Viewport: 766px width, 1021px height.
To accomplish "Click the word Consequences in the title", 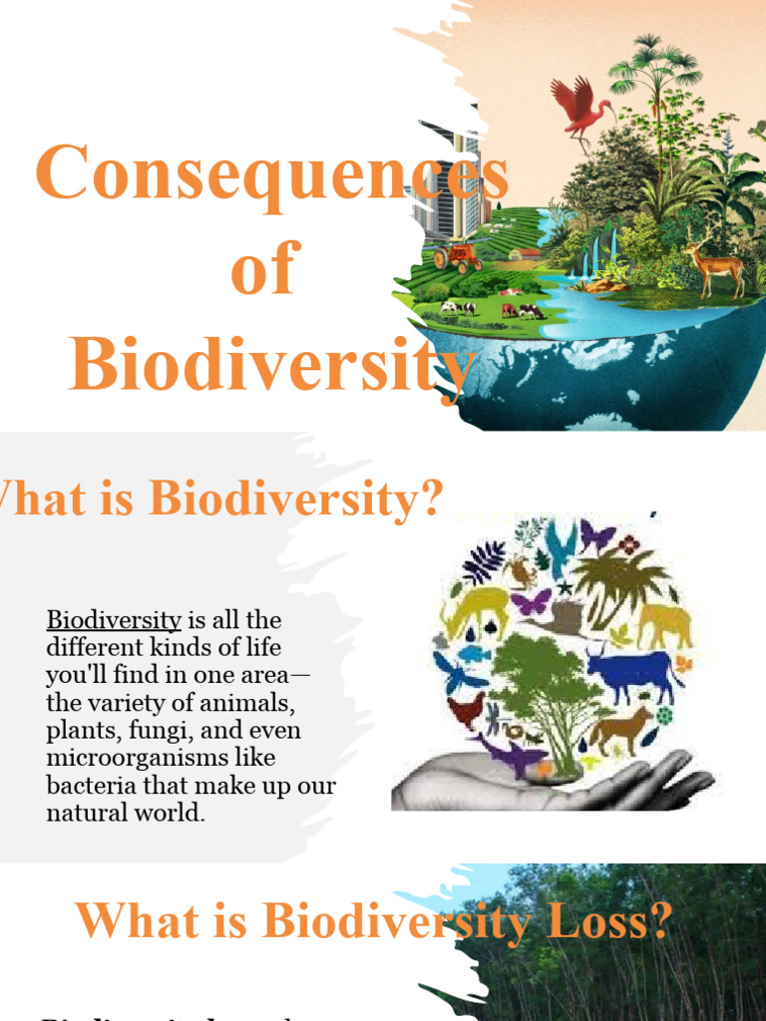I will (x=271, y=173).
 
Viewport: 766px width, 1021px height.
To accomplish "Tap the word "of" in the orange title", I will (x=264, y=269).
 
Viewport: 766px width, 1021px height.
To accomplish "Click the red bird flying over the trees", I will (x=580, y=107).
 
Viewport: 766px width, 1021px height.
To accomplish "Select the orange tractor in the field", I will (x=458, y=255).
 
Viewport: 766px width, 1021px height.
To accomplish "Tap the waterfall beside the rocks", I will (x=598, y=255).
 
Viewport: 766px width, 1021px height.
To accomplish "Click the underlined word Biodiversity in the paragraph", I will (x=114, y=620).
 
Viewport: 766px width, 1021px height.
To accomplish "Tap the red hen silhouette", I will (x=466, y=710).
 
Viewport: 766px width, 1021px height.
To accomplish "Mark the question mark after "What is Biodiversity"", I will (x=431, y=499).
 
